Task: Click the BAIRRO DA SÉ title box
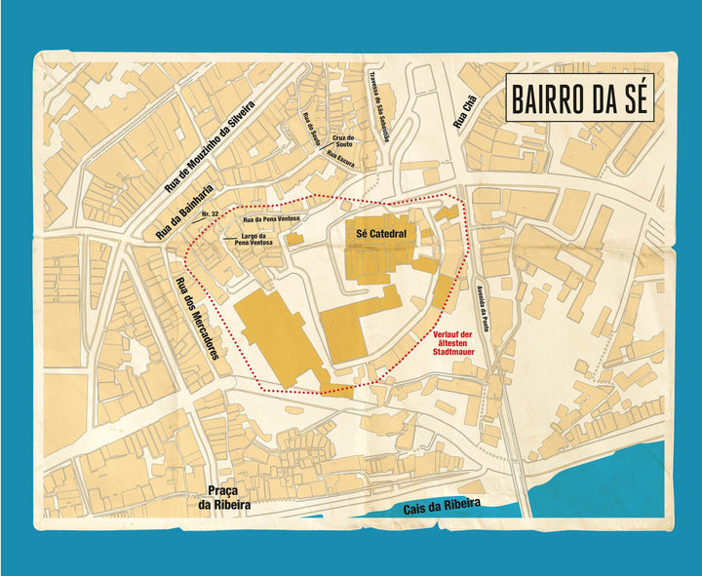pos(579,99)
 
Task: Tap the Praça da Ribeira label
pos(223,498)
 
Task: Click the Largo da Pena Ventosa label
pos(252,240)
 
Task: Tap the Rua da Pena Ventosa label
pos(271,219)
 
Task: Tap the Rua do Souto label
pos(312,130)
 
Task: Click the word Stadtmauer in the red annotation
pos(454,359)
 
